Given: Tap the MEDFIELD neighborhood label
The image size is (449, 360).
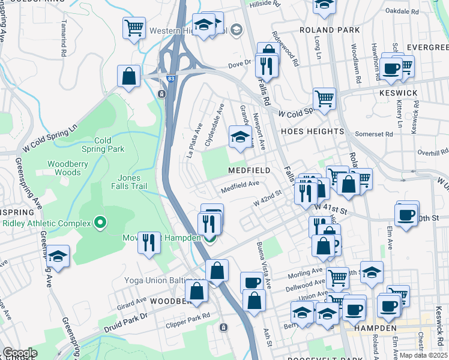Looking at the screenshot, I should point(248,170).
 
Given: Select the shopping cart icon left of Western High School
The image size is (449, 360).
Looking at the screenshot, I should point(134,27).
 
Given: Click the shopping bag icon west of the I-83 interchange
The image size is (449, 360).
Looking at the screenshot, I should point(129,76).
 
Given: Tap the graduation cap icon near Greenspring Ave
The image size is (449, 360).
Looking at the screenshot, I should point(58,256).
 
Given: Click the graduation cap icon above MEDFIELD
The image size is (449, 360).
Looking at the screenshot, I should point(240,137).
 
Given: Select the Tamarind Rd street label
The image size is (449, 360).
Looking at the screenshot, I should point(63,45).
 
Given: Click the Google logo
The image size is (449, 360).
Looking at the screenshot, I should point(19,353).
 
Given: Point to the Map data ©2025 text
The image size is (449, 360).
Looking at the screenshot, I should point(423,355).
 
